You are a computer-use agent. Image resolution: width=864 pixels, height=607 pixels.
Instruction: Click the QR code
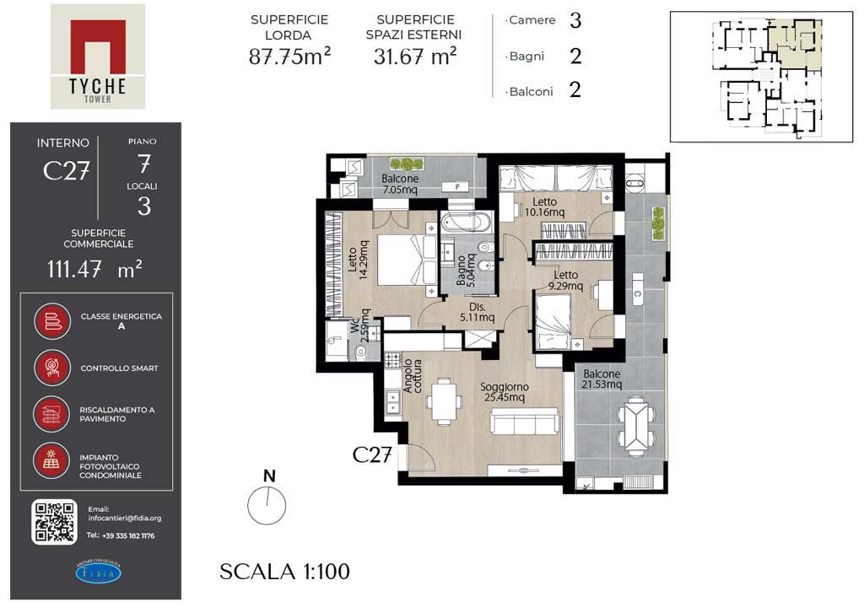[54, 522]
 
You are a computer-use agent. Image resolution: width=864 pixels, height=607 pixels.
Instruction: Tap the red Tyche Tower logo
[98, 56]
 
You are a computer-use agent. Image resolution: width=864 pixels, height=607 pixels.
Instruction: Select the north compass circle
[267, 505]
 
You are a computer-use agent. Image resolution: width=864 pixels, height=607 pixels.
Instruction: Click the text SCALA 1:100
[284, 572]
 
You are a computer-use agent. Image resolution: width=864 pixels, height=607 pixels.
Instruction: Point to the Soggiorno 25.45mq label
[505, 392]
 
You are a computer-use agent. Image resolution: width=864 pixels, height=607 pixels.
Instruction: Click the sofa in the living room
[525, 422]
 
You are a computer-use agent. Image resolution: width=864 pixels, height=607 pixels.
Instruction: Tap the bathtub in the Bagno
[468, 223]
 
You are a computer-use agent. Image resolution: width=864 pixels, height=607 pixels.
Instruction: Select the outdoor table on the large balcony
[636, 426]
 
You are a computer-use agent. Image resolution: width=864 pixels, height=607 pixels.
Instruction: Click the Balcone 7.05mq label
[400, 184]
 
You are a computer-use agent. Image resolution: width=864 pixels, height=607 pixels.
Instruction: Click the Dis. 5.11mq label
[478, 312]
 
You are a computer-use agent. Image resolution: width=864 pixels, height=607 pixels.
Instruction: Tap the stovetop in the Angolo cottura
[392, 360]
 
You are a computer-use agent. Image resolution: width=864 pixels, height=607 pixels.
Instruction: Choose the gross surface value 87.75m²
[290, 56]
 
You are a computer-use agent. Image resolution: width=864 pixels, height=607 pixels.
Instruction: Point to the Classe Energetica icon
[52, 321]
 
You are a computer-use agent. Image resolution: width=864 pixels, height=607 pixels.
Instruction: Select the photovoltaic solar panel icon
[51, 460]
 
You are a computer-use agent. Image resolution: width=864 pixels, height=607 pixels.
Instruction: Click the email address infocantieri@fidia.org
[125, 518]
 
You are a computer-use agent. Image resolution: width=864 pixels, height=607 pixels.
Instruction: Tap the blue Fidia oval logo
[98, 572]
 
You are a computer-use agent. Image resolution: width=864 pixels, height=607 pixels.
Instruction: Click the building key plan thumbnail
[762, 77]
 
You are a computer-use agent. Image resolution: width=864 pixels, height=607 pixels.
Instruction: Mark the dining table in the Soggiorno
[444, 401]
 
